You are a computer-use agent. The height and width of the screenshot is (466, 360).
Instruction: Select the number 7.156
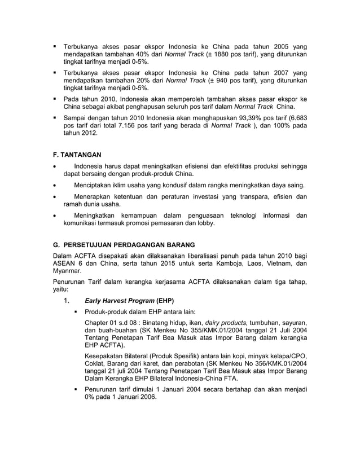pyautogui.click(x=121, y=126)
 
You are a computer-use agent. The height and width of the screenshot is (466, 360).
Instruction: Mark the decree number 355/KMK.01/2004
pyautogui.click(x=201, y=329)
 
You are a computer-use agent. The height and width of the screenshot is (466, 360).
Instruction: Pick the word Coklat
pyautogui.click(x=95, y=364)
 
